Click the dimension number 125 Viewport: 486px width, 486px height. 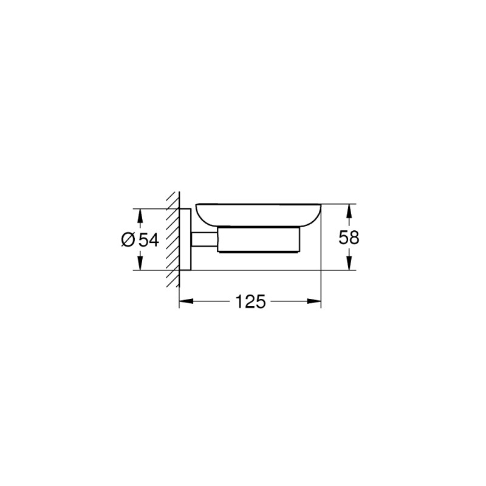250,301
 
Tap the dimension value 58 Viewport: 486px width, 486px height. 349,238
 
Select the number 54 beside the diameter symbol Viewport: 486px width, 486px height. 149,241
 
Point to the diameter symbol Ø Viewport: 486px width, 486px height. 128,241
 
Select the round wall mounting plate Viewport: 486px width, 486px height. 187,239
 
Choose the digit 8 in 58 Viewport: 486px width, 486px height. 354,238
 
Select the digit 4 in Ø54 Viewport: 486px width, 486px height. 154,241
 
